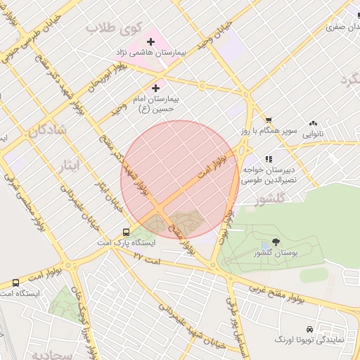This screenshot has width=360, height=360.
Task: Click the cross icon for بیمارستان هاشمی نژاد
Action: pyautogui.click(x=150, y=42)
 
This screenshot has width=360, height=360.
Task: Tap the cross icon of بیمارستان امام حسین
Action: pyautogui.click(x=155, y=88)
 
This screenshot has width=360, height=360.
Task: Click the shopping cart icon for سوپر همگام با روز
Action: pyautogui.click(x=268, y=120)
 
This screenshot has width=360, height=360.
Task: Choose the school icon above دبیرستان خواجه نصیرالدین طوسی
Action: pyautogui.click(x=268, y=160)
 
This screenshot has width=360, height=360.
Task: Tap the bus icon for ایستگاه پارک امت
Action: pyautogui.click(x=126, y=231)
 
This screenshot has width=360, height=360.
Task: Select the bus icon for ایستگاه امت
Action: pyautogui.click(x=15, y=283)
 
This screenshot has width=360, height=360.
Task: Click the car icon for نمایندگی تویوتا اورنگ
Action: pyautogui.click(x=309, y=329)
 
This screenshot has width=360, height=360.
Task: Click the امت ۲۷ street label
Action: pyautogui.click(x=148, y=258)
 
